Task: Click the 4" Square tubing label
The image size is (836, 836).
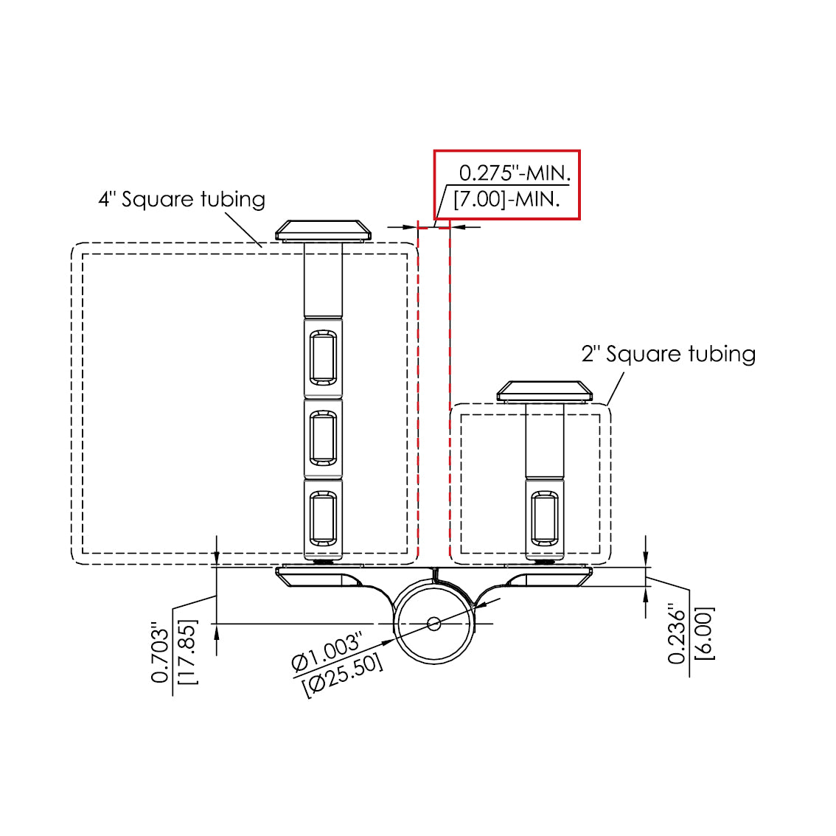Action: [x=182, y=199]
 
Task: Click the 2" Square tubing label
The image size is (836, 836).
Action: [x=669, y=354]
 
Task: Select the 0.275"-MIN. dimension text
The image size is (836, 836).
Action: [x=515, y=173]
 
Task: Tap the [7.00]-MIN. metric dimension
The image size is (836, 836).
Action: [x=506, y=199]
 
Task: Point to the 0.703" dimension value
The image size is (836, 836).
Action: [x=160, y=652]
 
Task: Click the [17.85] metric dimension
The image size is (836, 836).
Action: [x=187, y=652]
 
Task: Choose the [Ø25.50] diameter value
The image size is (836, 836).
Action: [x=343, y=675]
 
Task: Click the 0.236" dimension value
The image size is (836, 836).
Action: [x=677, y=633]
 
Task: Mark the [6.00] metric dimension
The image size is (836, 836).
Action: [x=704, y=633]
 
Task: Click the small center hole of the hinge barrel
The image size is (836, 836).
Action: [x=434, y=623]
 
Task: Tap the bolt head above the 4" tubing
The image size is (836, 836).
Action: [x=323, y=230]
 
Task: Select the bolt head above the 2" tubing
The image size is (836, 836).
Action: [x=544, y=391]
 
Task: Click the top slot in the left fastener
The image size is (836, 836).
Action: [x=323, y=358]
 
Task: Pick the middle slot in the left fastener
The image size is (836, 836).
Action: [x=323, y=438]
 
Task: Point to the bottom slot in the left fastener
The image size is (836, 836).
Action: [x=323, y=518]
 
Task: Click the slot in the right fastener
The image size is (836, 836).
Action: [x=545, y=518]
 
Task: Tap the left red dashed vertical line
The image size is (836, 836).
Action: [x=418, y=390]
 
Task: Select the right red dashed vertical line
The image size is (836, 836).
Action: [x=450, y=390]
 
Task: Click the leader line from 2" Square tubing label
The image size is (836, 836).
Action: [x=616, y=389]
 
